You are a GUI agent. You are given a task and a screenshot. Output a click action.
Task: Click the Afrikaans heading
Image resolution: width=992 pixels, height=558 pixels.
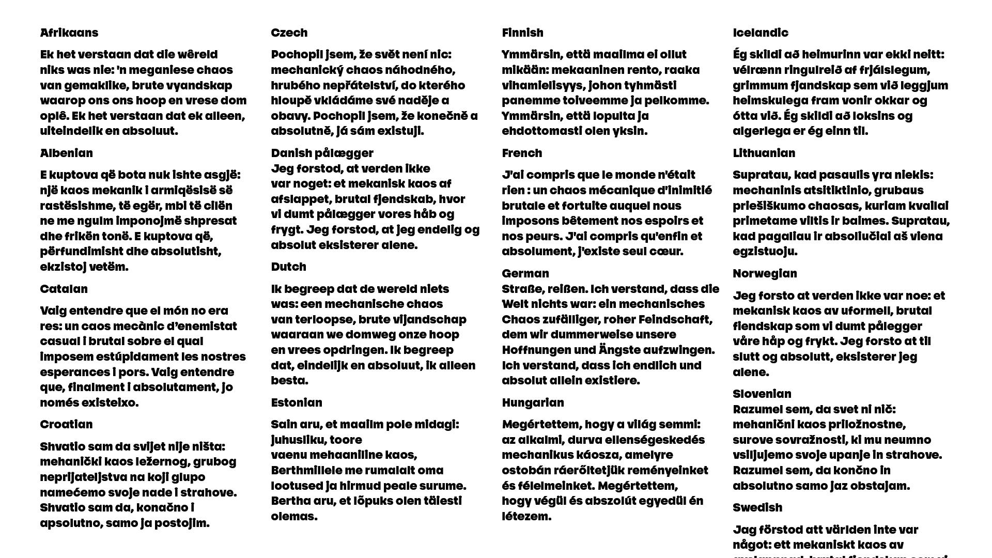69,33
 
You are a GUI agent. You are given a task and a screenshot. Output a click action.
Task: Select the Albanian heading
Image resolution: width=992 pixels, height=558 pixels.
67,153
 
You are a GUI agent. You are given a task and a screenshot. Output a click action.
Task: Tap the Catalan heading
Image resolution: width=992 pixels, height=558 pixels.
64,289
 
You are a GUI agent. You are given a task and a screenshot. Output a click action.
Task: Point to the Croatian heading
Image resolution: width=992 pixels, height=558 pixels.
67,424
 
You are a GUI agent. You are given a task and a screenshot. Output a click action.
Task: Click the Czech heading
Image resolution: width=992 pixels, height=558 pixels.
289,33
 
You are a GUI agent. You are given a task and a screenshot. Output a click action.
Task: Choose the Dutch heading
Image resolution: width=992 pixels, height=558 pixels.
289,267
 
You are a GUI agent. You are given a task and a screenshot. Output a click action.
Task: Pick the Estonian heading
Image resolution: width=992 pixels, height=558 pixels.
297,402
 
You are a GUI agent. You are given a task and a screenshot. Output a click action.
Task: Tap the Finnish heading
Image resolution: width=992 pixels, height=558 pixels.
523,33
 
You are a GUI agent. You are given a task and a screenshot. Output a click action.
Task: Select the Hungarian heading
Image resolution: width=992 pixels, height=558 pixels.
533,402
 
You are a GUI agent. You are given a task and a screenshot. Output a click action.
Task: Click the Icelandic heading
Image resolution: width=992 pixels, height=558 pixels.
761,33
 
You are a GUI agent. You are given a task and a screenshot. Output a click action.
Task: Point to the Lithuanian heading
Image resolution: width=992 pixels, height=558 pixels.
764,153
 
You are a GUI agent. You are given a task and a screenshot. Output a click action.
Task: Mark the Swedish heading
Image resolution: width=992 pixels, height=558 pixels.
757,507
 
